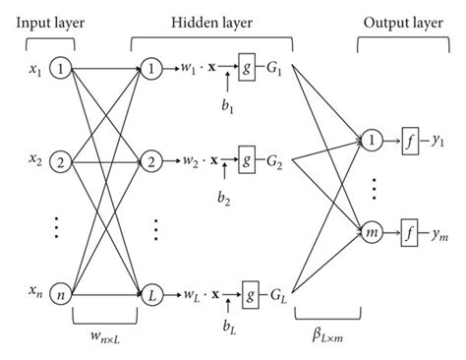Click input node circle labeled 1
point(62,70)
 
